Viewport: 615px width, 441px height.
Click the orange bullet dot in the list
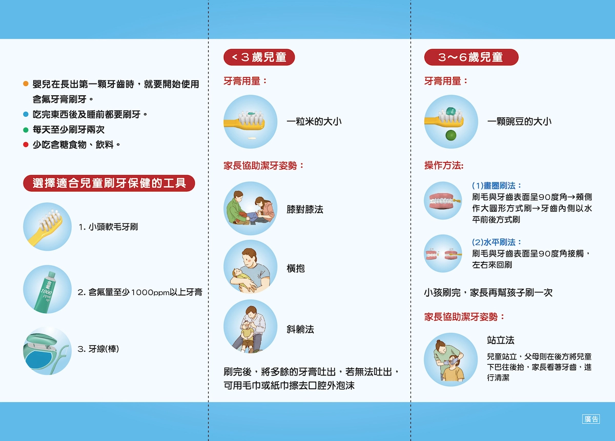coord(26,83)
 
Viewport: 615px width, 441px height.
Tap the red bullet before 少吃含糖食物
coord(26,144)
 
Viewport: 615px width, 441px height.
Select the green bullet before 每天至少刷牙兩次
coord(26,130)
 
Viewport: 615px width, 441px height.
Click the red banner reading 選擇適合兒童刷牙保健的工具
coord(109,183)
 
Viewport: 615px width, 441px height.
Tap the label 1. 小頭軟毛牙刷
coord(108,227)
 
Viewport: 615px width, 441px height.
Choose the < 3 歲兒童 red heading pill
coord(259,57)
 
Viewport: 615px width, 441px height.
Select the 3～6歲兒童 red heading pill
coord(471,57)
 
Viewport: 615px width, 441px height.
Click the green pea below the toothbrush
coord(451,135)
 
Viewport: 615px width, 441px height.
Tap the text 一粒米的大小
coord(314,121)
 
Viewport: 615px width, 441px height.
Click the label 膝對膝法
coord(305,209)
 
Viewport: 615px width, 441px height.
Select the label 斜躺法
coord(300,329)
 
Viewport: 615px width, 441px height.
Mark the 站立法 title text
coord(501,340)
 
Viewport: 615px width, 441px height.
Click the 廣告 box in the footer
coord(591,419)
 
